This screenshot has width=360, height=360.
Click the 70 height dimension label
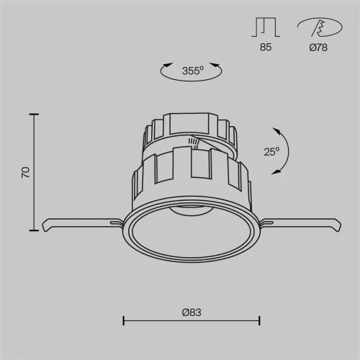[x=26, y=172]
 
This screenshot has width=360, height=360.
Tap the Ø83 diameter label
[x=192, y=312]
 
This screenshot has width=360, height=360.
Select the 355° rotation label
[x=193, y=71]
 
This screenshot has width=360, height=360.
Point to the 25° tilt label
[x=271, y=152]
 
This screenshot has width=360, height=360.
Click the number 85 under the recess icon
[x=266, y=48]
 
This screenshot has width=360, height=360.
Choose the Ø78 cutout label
[x=318, y=48]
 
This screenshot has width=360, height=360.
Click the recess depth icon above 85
[x=266, y=27]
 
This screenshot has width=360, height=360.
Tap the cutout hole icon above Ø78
[x=320, y=27]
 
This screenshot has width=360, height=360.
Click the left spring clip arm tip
[x=45, y=226]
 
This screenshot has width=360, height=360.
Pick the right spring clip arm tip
[x=338, y=226]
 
